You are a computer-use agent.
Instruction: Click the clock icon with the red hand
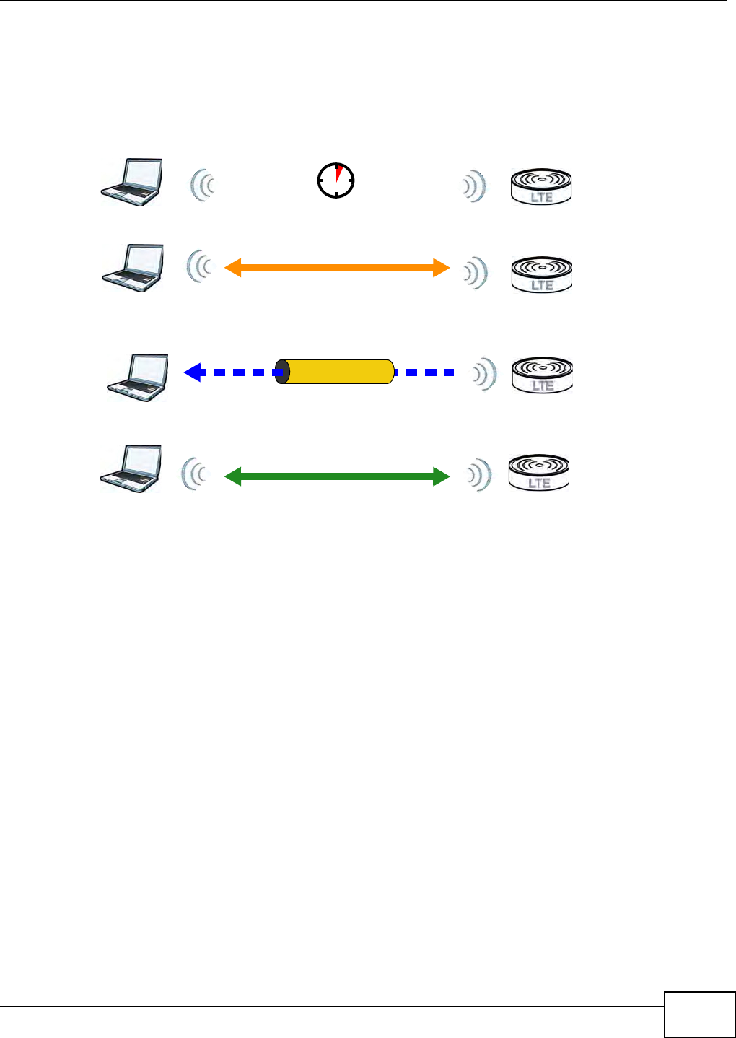click(336, 180)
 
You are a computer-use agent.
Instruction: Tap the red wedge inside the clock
click(338, 173)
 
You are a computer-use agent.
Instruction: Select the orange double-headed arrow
click(337, 268)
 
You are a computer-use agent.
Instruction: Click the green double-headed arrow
click(337, 476)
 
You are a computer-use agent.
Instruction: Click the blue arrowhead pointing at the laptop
click(192, 372)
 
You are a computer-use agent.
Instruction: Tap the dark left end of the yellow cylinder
click(283, 372)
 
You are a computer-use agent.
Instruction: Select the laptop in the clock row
click(131, 182)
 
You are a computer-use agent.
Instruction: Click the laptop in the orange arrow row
click(133, 268)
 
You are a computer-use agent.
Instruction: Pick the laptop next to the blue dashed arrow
click(138, 377)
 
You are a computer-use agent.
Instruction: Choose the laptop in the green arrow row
click(131, 469)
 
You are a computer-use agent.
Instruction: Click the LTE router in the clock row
click(541, 187)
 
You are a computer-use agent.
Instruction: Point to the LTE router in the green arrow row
click(539, 472)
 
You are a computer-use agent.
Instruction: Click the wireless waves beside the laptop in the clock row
click(203, 186)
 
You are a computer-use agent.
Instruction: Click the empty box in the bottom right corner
click(699, 1013)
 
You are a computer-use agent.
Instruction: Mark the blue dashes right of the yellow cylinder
click(425, 372)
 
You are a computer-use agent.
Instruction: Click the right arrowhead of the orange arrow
click(441, 268)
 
